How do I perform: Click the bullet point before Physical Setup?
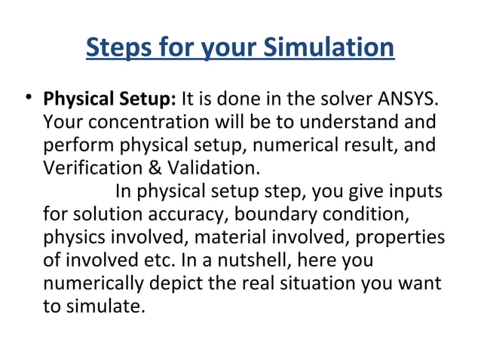pyautogui.click(x=28, y=99)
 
